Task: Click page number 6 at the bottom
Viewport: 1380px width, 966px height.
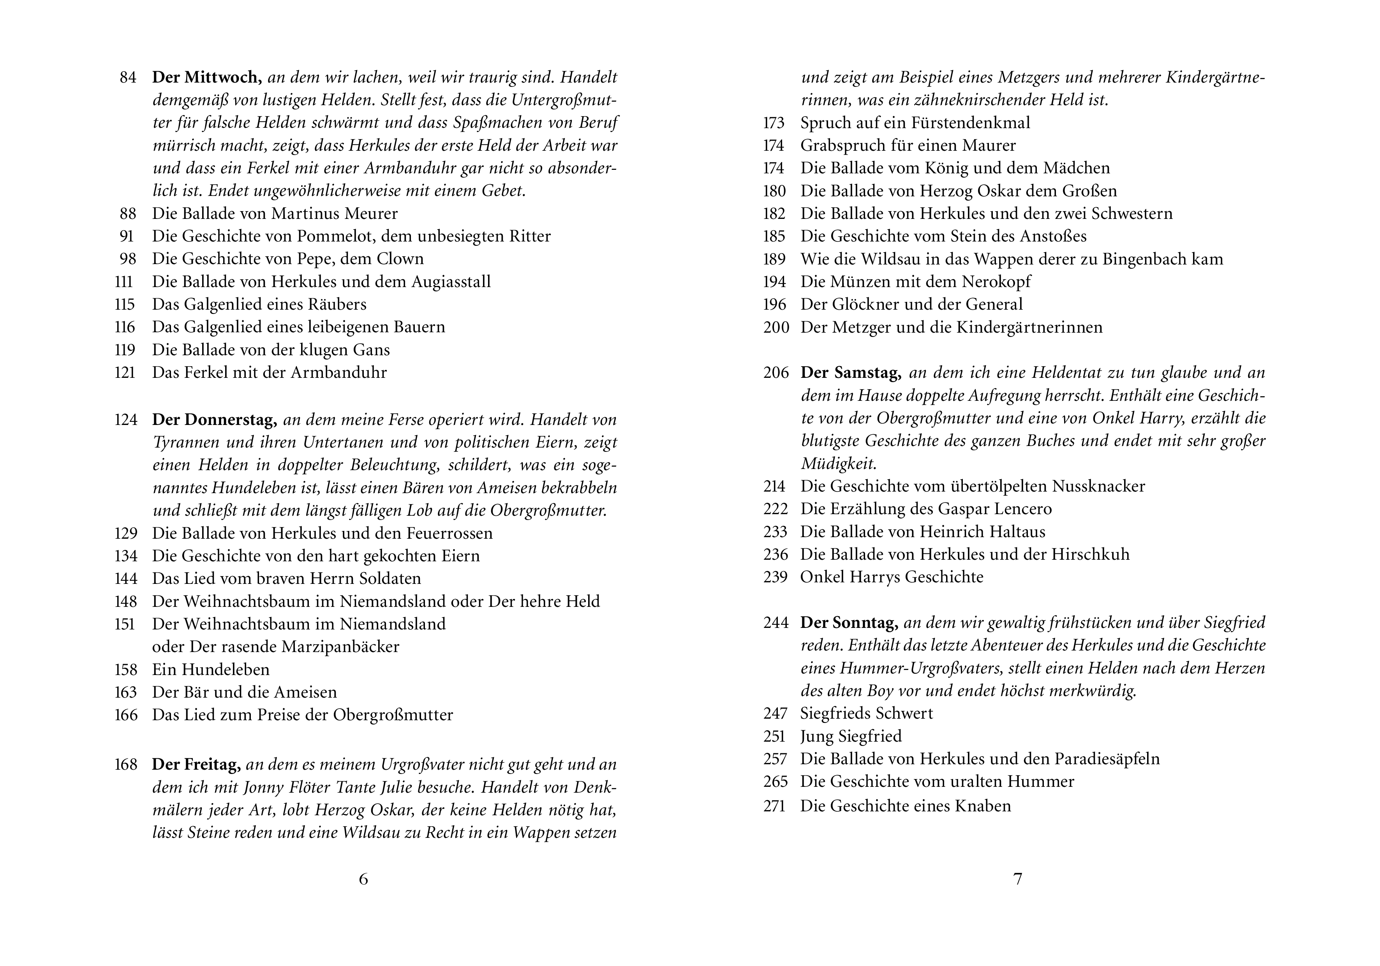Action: pos(364,879)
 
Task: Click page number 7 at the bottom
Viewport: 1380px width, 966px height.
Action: pos(1017,879)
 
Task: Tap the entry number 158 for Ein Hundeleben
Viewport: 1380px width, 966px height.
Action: pos(126,670)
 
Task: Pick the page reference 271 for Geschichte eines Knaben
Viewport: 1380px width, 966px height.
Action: pos(775,806)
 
